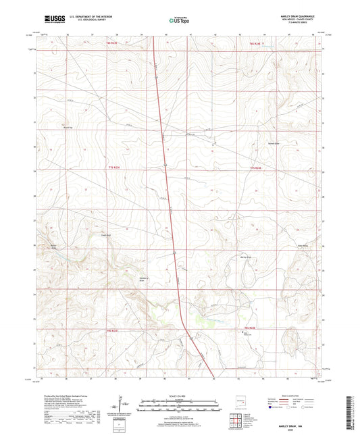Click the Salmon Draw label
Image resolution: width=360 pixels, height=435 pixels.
point(276,144)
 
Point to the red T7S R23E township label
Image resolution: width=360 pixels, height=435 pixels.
point(116,166)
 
